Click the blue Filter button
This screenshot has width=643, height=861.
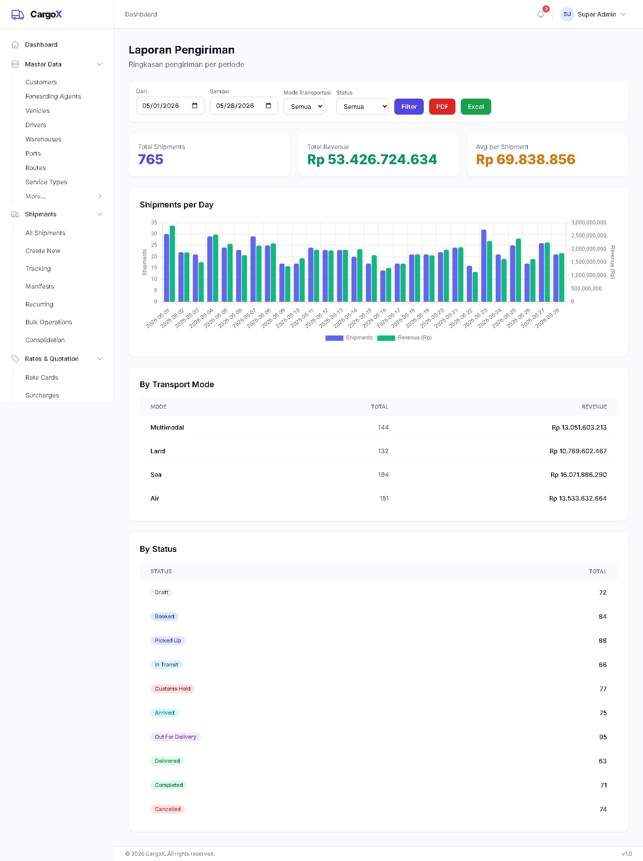(x=409, y=107)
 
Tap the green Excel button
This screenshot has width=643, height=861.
(x=476, y=107)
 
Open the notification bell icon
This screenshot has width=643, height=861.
(x=541, y=14)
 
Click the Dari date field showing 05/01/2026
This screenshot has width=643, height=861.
(x=170, y=106)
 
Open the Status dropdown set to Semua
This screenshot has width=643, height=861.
(x=362, y=107)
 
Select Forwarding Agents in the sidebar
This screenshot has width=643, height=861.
(x=53, y=96)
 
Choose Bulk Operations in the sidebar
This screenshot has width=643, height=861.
(x=49, y=322)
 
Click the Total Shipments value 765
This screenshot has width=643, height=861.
(x=150, y=159)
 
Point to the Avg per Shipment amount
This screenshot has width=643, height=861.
(x=526, y=159)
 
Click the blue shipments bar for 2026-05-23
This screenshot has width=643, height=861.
(x=484, y=266)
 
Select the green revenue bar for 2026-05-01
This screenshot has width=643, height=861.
(x=172, y=264)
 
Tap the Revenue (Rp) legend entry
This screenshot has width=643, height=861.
(x=405, y=338)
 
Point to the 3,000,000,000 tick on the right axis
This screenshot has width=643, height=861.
(x=589, y=223)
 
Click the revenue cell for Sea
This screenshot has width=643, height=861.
(x=578, y=475)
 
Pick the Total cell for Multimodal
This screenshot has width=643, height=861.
(x=383, y=427)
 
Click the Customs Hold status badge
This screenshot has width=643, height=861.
(x=172, y=689)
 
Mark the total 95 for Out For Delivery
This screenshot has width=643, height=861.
(x=603, y=737)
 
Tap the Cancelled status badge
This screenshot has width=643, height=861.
(x=167, y=809)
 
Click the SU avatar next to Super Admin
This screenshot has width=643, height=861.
(x=567, y=14)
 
